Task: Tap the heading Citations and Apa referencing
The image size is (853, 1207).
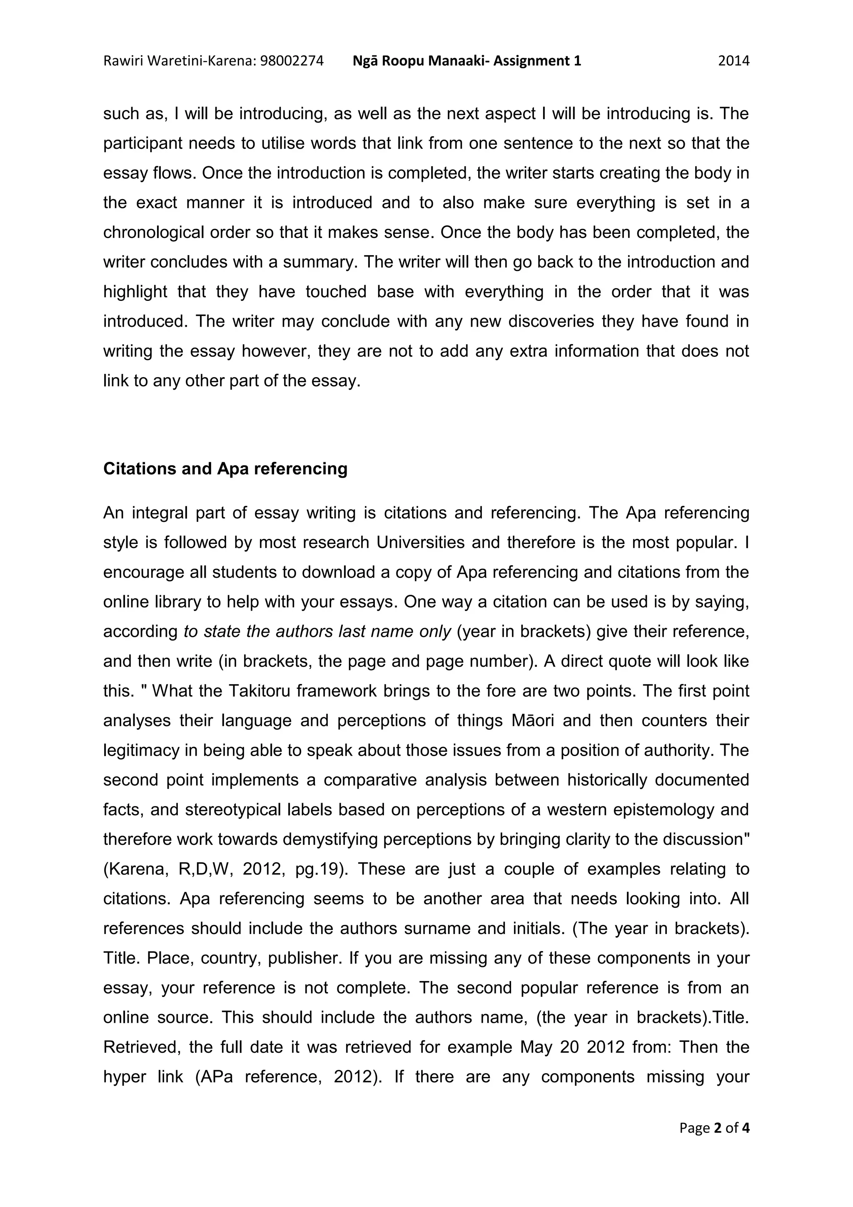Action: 225,468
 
